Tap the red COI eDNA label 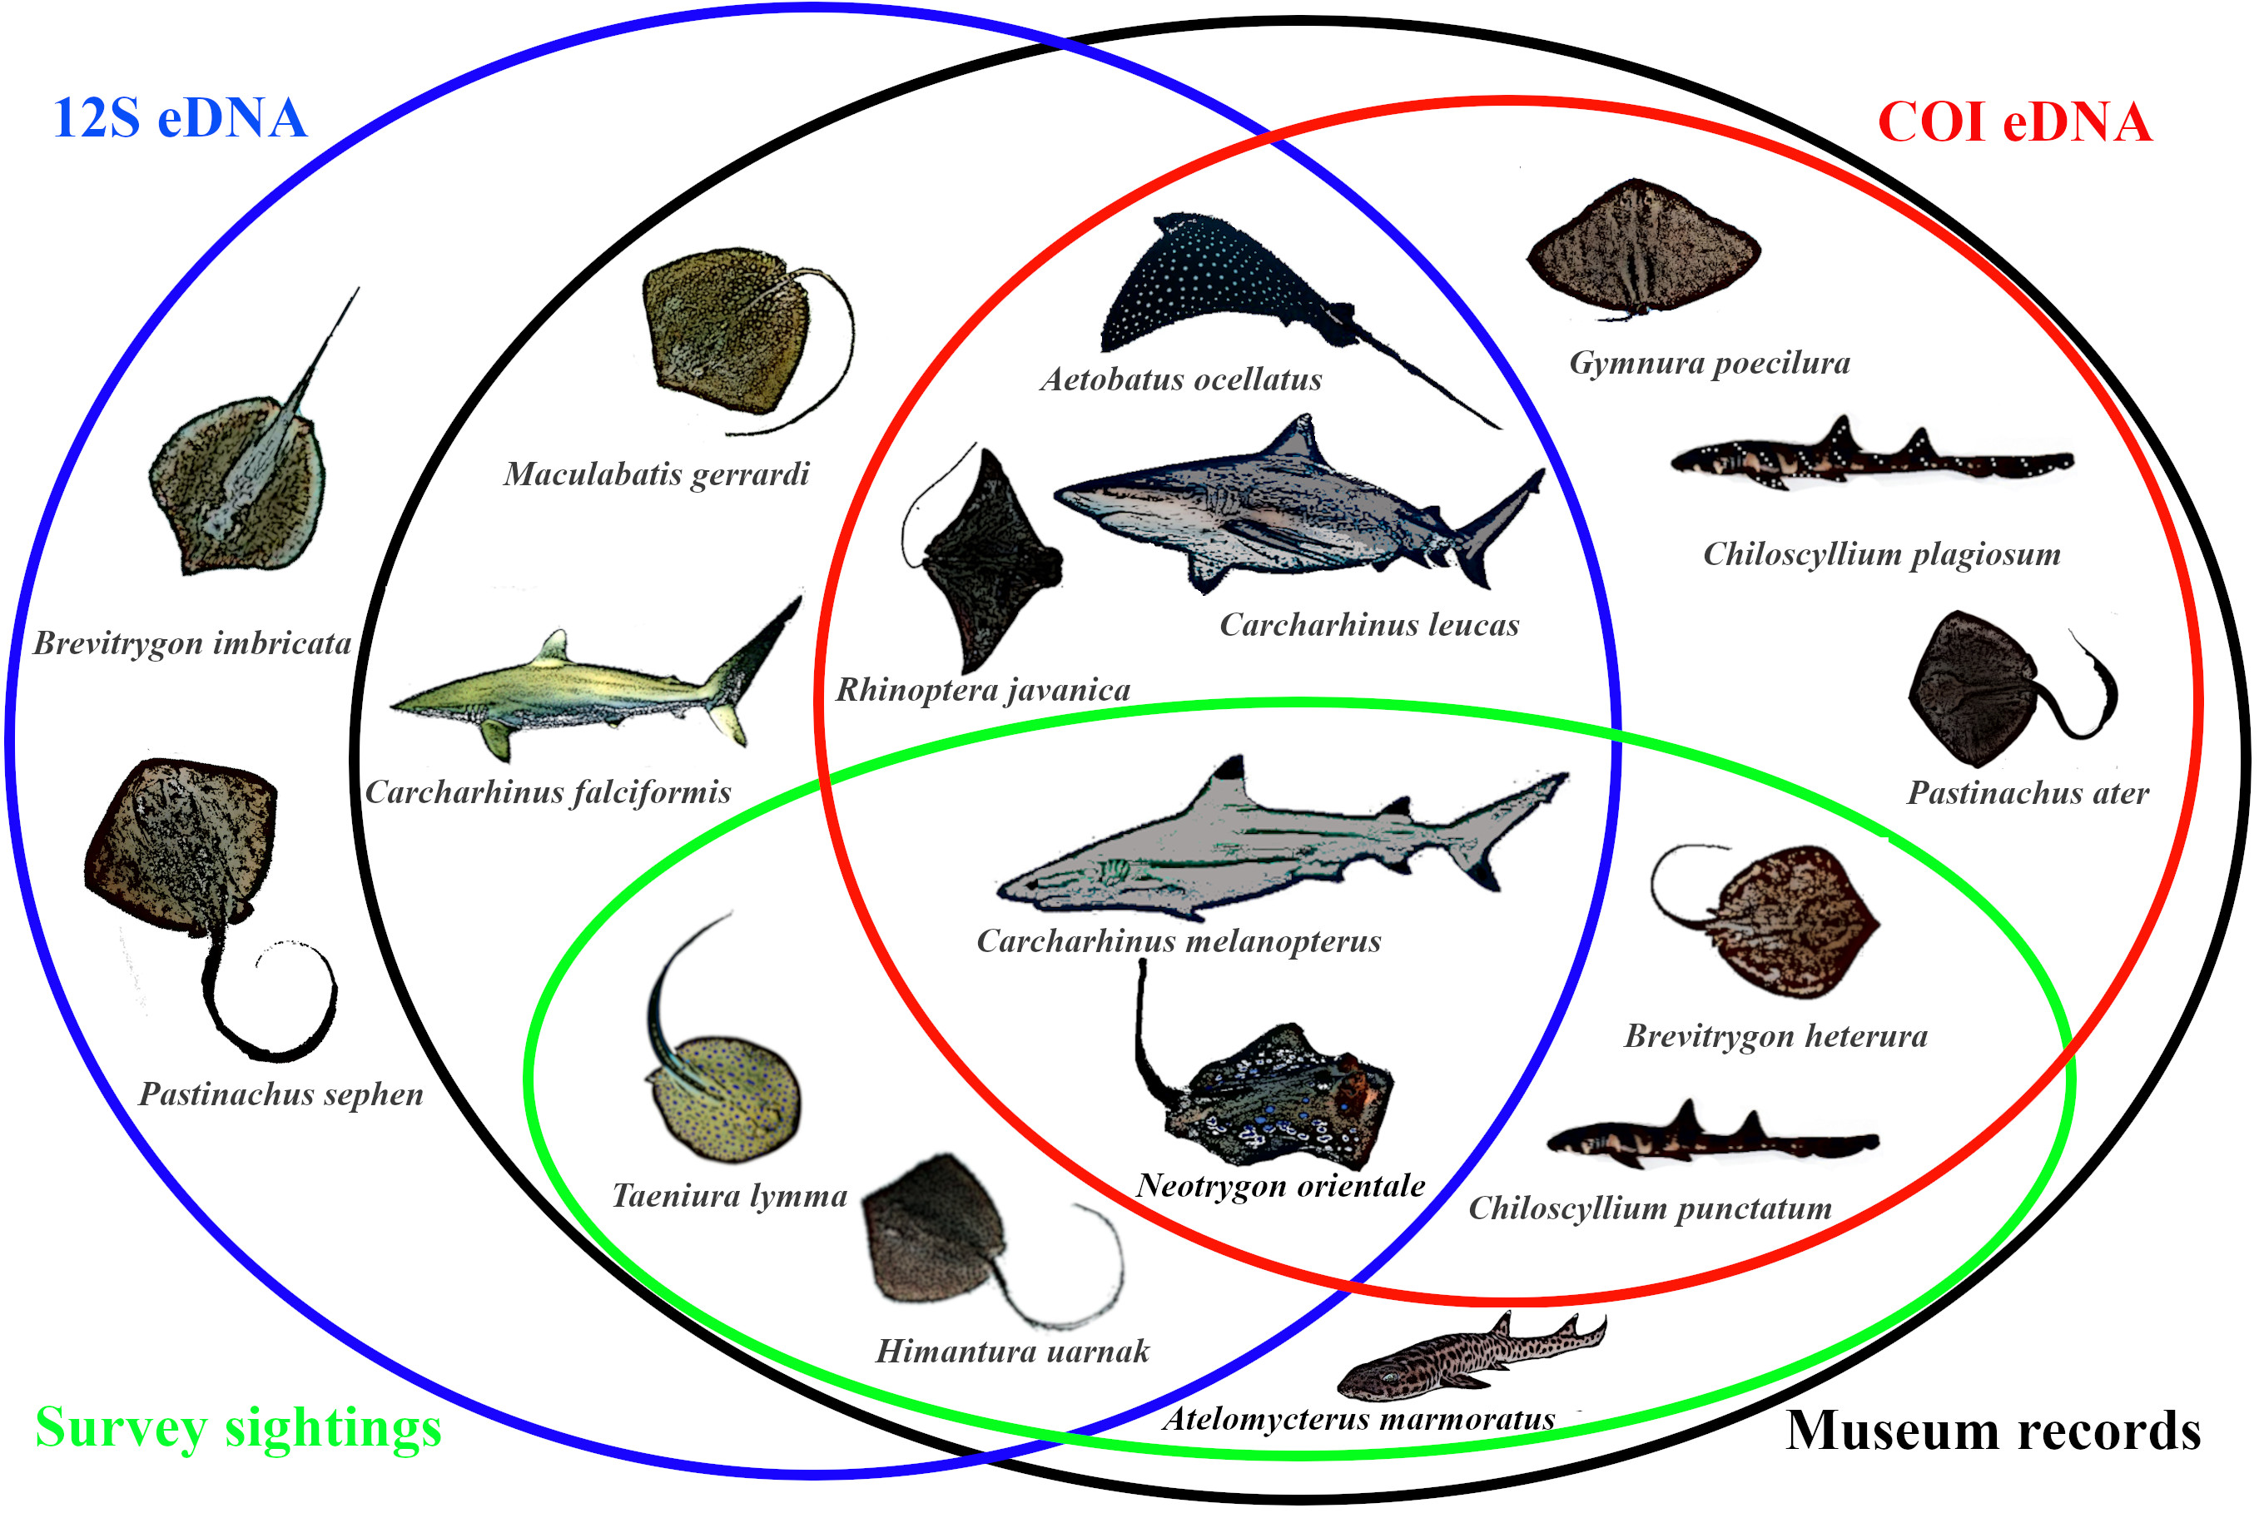pos(2014,123)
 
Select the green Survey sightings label pos(238,1428)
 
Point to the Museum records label pos(1992,1431)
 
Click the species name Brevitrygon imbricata pos(192,643)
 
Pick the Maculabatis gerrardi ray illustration pos(728,330)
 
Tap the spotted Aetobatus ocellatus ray pos(1234,281)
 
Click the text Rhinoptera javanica pos(983,691)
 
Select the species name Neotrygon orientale pos(1280,1186)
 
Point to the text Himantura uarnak pos(1012,1351)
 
